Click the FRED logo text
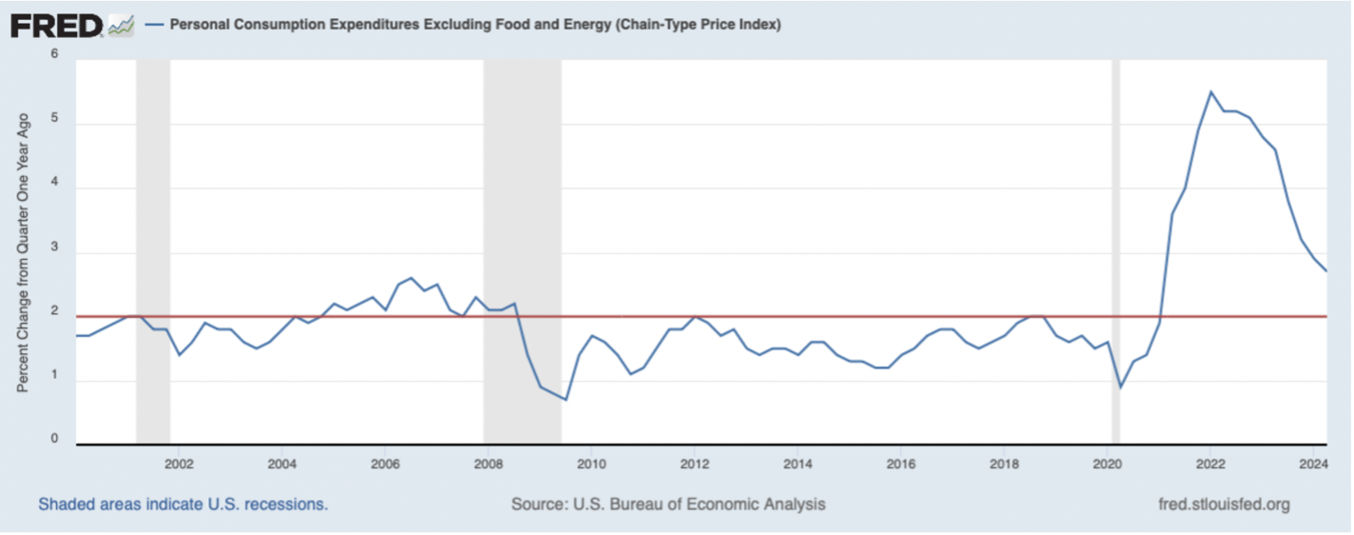[x=56, y=25]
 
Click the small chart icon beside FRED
[x=121, y=26]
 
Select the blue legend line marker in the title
[x=154, y=26]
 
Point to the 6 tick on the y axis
[x=54, y=54]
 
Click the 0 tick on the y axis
[x=54, y=441]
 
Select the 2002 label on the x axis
[x=179, y=465]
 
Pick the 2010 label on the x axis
[x=591, y=465]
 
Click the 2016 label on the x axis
[x=900, y=465]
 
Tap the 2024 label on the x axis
[x=1313, y=465]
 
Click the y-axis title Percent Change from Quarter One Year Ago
[x=24, y=253]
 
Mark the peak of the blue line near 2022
[x=1210, y=92]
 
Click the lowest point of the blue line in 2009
[x=565, y=400]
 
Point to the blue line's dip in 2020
[x=1120, y=387]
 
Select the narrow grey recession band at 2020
[x=1116, y=238]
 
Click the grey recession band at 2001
[x=153, y=238]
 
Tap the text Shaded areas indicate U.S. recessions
[x=183, y=505]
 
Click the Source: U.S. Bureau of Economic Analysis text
[x=668, y=505]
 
